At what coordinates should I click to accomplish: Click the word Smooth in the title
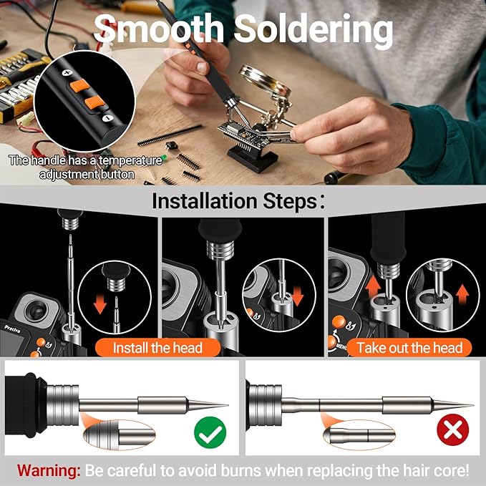(x=158, y=29)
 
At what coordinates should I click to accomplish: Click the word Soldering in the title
(x=314, y=31)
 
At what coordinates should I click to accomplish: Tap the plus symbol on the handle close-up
(x=67, y=73)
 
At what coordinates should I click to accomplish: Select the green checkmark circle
(x=210, y=432)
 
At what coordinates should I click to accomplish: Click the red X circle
(x=452, y=430)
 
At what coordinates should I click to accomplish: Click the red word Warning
(x=49, y=470)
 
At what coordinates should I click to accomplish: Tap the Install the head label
(x=157, y=348)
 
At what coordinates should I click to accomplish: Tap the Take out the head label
(x=409, y=348)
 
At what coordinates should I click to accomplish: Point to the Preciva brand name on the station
(x=12, y=329)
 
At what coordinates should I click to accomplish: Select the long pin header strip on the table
(x=170, y=135)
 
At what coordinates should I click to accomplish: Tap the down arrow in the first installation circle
(x=99, y=304)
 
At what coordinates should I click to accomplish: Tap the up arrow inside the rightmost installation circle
(x=462, y=294)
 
